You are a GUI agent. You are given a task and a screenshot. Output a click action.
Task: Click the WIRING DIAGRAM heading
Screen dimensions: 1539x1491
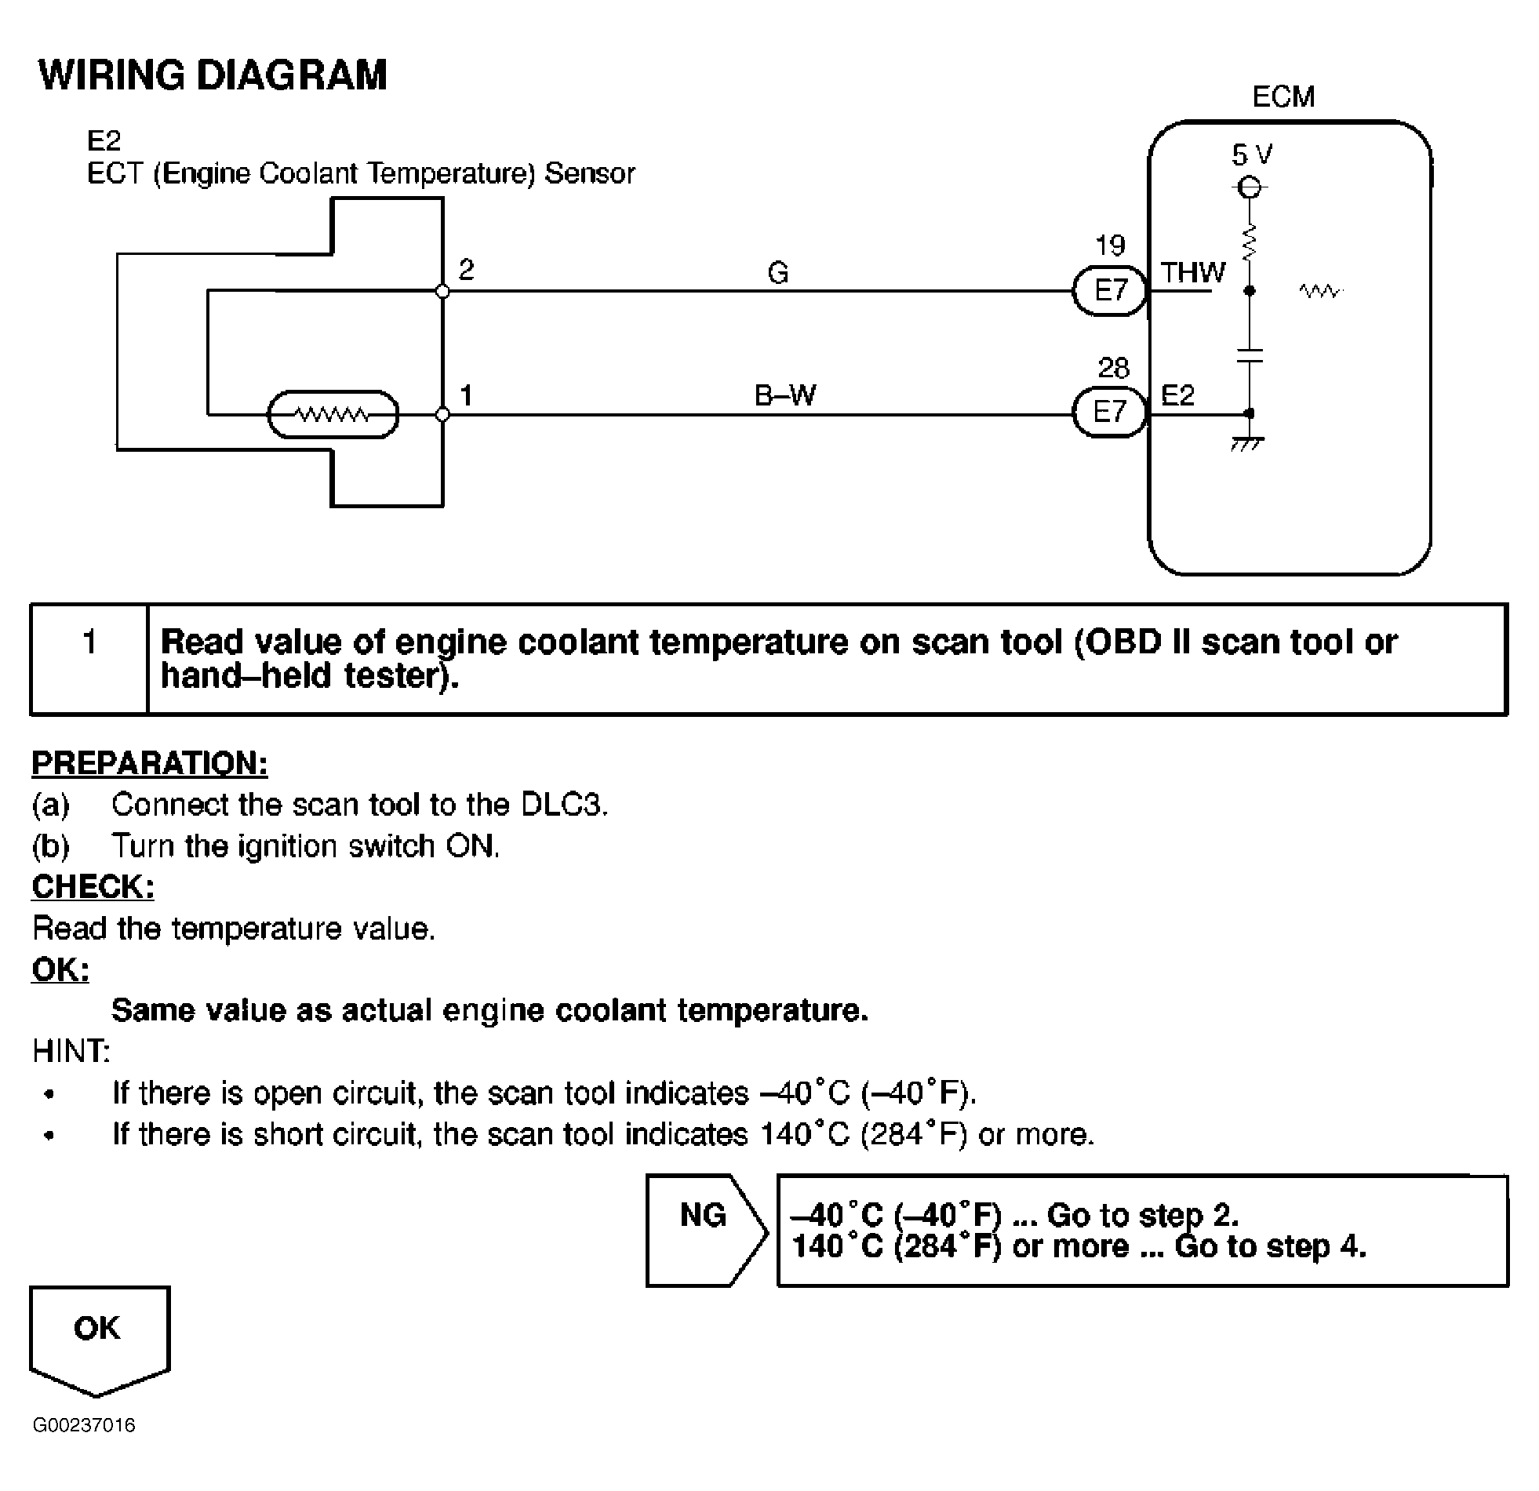(x=213, y=75)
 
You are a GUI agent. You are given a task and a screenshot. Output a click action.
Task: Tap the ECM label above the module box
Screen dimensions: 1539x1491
(x=1283, y=96)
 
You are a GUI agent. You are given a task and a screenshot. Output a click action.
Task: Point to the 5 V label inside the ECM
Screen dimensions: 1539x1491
(x=1252, y=155)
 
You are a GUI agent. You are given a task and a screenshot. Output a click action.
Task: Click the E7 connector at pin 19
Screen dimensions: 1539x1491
(x=1110, y=291)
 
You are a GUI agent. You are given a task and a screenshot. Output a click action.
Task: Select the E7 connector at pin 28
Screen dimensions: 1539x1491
(x=1110, y=413)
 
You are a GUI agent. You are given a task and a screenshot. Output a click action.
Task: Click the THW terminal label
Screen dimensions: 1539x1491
(x=1193, y=273)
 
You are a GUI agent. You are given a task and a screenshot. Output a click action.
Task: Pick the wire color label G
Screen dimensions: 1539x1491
(x=777, y=273)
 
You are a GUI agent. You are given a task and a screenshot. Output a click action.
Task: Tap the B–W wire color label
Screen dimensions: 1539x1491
(x=784, y=395)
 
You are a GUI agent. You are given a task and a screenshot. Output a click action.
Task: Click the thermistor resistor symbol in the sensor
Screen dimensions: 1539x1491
(x=333, y=414)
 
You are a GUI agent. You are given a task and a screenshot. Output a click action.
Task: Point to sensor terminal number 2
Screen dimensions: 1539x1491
(x=467, y=270)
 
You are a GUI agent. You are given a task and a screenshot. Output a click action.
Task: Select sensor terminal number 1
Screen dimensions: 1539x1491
(x=467, y=395)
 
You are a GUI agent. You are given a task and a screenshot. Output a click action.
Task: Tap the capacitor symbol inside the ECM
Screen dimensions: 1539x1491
(x=1249, y=355)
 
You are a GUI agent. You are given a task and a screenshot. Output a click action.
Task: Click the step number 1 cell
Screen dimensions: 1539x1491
(x=89, y=659)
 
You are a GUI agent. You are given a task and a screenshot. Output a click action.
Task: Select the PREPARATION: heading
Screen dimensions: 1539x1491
(x=149, y=763)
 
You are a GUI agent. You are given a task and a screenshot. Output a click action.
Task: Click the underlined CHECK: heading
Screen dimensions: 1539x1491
(x=93, y=886)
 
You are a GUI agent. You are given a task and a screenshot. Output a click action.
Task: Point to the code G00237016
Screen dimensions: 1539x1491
(x=84, y=1425)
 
